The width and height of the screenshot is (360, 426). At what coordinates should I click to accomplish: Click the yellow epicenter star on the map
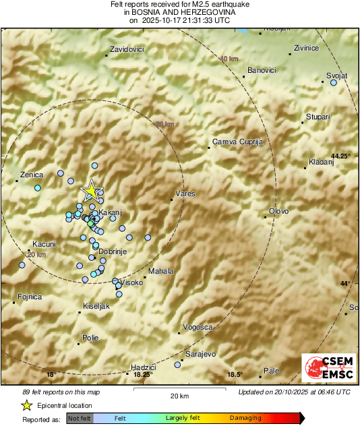click(x=90, y=190)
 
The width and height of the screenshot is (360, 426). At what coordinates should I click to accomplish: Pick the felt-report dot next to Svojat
click(x=333, y=83)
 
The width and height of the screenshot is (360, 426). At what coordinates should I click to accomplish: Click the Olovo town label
click(x=278, y=212)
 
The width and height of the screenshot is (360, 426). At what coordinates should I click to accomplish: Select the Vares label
click(x=185, y=194)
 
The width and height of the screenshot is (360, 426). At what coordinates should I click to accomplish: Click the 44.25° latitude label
click(x=341, y=156)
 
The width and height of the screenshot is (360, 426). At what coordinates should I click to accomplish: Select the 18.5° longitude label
click(x=233, y=375)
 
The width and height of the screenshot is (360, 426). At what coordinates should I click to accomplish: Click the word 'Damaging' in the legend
click(x=241, y=419)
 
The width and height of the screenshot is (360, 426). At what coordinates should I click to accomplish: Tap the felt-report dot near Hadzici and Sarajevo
click(x=177, y=365)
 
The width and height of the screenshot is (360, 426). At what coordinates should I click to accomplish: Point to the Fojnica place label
click(x=30, y=297)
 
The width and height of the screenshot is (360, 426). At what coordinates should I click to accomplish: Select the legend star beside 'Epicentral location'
click(x=26, y=405)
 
